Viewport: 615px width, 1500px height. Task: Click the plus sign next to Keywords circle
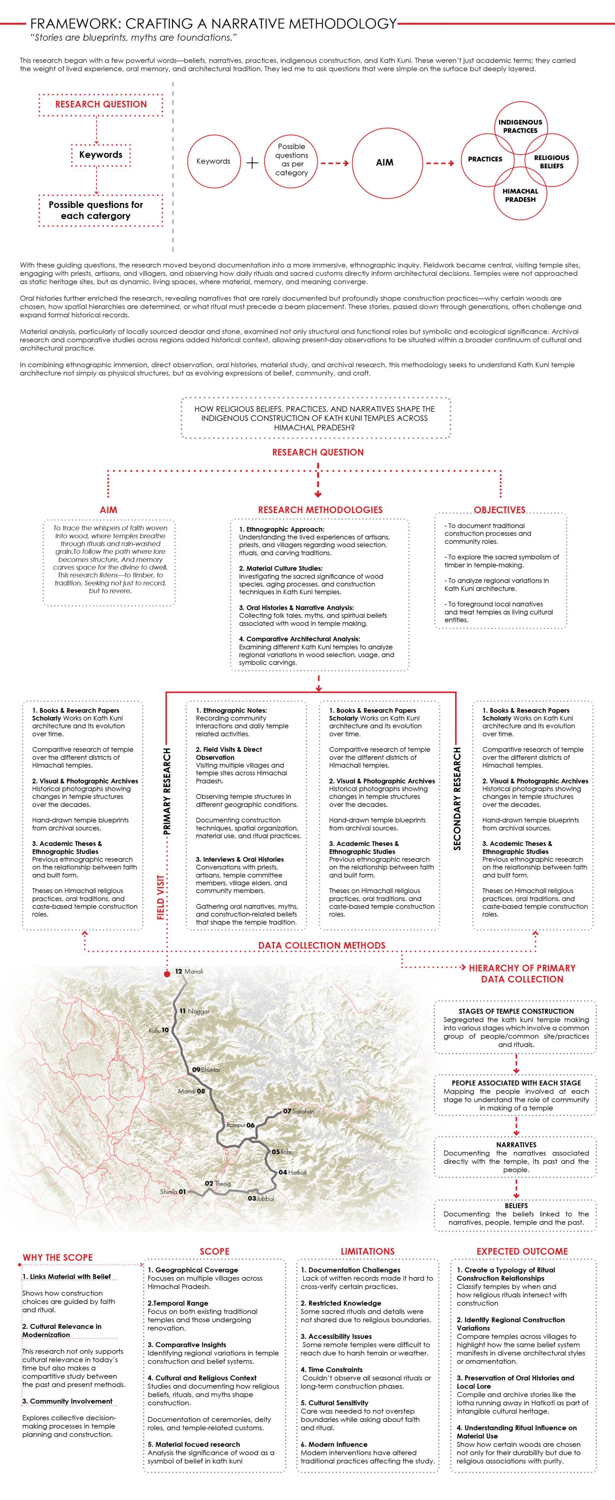(x=252, y=163)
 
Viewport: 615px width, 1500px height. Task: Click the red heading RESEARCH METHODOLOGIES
(x=320, y=510)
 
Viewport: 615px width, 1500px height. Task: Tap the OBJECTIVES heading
(x=499, y=510)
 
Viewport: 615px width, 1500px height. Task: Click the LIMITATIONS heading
(x=367, y=1252)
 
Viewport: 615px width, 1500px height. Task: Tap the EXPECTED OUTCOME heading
(x=522, y=1252)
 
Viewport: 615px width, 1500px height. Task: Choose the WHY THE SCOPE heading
(x=58, y=1258)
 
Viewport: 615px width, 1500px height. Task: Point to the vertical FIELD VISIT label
(x=161, y=897)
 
